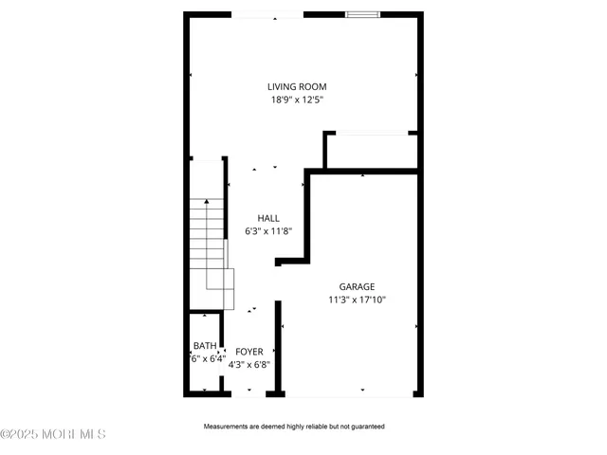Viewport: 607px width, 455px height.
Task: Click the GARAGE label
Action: point(357,286)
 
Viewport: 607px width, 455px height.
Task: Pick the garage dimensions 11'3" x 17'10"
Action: point(357,300)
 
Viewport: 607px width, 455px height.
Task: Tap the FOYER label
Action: point(249,352)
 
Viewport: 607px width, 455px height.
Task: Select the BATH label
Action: point(205,346)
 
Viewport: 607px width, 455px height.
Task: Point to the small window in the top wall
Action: point(364,14)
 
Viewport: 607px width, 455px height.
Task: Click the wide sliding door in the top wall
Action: point(268,14)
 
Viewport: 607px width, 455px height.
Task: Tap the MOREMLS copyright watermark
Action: point(53,434)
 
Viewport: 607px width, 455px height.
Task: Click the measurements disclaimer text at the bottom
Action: point(294,427)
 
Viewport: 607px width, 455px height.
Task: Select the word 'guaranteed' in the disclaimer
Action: point(364,427)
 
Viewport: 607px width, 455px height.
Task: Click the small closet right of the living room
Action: point(371,150)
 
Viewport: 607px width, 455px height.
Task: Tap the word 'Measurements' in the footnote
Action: point(228,427)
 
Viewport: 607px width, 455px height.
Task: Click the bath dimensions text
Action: point(207,359)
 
